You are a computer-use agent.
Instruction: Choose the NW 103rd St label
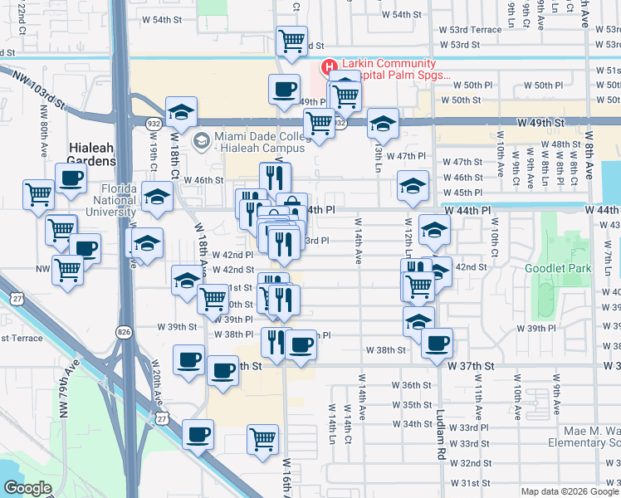click(x=38, y=88)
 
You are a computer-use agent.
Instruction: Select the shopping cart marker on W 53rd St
click(x=291, y=41)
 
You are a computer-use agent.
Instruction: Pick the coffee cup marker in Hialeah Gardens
click(x=71, y=177)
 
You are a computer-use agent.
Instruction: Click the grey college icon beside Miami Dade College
click(x=200, y=141)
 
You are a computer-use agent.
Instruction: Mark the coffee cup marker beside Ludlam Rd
click(x=437, y=342)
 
